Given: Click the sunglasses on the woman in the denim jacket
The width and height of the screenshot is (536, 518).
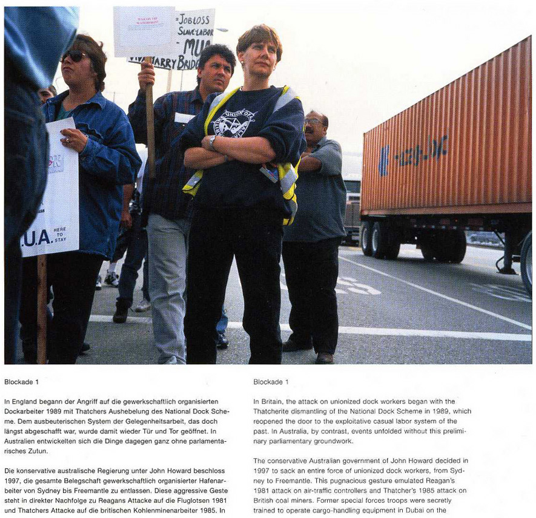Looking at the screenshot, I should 74,56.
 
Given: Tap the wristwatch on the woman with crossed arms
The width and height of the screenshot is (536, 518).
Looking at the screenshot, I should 213,142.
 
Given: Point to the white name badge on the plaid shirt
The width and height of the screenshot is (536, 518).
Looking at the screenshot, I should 184,117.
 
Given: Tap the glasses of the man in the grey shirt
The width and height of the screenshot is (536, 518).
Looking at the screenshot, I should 313,122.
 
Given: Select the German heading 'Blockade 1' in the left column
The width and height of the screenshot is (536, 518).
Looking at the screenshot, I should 21,382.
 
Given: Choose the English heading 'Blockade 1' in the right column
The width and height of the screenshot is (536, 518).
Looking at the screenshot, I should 271,382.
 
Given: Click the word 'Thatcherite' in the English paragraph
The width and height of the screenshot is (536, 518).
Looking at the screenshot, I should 273,411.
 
